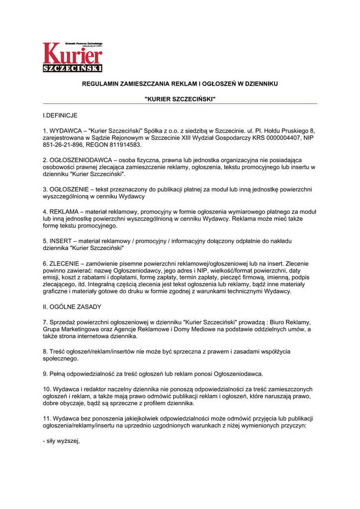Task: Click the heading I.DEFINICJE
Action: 60,115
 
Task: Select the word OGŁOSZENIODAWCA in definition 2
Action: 86,160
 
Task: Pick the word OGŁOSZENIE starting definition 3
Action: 71,189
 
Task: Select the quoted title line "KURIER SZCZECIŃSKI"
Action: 180,99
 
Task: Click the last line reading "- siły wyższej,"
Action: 61,440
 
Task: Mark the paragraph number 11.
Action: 47,418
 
